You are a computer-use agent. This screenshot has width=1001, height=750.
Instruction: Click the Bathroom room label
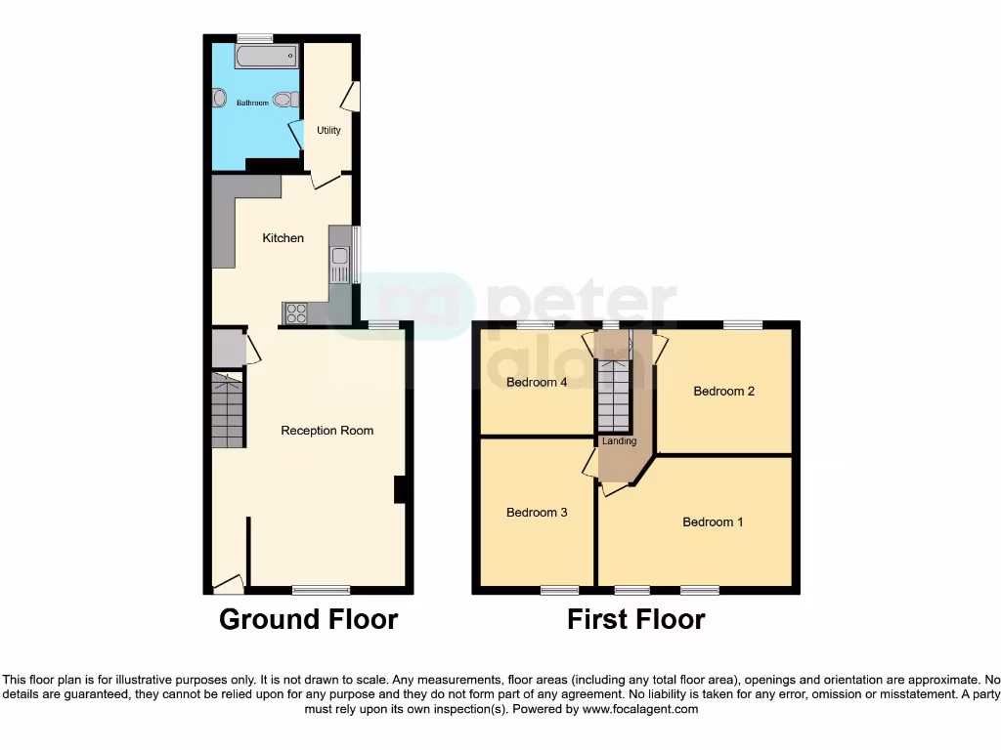[x=252, y=103]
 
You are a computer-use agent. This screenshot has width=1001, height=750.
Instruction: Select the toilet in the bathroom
[x=285, y=99]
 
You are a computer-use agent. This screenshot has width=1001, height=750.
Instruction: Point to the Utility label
[x=328, y=130]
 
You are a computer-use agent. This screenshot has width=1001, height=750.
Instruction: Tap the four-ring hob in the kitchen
[x=295, y=313]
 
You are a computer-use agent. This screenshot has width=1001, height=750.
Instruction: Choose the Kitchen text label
[x=283, y=238]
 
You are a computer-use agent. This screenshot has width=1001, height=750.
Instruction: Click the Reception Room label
[x=327, y=431]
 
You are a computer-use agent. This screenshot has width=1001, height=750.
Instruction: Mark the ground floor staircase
[x=227, y=410]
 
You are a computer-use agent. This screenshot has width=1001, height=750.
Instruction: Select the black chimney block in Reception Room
[x=400, y=489]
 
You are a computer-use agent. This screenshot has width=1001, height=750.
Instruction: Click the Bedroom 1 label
[x=713, y=522]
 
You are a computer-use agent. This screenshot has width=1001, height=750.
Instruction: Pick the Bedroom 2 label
[x=724, y=392]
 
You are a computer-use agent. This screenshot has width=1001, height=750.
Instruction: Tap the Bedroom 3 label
[x=537, y=513]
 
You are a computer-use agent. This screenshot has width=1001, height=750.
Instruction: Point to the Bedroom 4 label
[x=537, y=383]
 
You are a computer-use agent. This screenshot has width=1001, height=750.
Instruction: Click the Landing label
[x=620, y=441]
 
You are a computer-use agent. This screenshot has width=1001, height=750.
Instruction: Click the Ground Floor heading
[x=308, y=619]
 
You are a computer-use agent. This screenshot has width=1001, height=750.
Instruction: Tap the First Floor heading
[x=636, y=619]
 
